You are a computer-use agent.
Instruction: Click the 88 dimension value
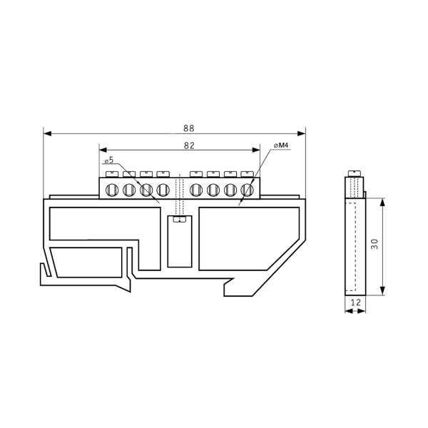[188, 128]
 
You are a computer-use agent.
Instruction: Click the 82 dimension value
[189, 146]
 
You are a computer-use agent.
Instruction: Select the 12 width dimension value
[356, 302]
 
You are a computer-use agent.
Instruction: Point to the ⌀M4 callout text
[281, 146]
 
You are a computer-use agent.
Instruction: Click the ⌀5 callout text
[109, 160]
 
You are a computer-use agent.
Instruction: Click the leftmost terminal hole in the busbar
[112, 190]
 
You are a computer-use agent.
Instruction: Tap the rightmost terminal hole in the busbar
[247, 190]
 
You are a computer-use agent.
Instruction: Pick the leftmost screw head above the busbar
[112, 174]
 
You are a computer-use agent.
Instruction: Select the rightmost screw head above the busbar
[247, 174]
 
